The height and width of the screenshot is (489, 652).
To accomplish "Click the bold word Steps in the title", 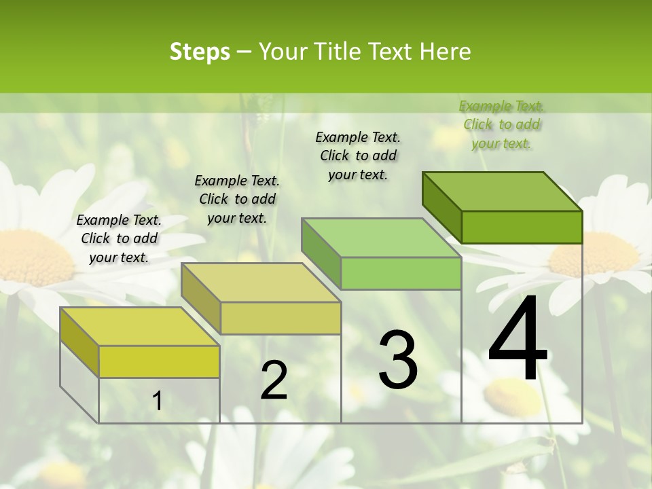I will [x=200, y=52].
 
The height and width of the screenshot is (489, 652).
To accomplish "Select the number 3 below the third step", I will [x=398, y=359].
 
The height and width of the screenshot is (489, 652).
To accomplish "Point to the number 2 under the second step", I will [x=274, y=380].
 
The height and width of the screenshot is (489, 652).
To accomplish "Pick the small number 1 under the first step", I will [x=158, y=401].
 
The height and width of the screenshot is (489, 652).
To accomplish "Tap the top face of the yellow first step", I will [x=139, y=327].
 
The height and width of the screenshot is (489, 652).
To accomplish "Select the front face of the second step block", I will [x=280, y=318].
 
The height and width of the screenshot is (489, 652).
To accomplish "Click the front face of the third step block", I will [x=401, y=274].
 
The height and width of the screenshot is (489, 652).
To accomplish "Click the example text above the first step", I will [x=119, y=238].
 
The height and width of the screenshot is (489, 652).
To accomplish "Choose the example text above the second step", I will [x=237, y=199].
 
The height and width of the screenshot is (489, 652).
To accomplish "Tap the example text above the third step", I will [x=358, y=156].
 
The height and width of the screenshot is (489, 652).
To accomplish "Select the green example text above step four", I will [x=502, y=124].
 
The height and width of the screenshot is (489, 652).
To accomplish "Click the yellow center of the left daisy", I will [x=31, y=256].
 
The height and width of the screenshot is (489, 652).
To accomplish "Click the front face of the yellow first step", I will [x=159, y=361].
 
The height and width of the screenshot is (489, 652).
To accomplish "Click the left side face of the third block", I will [x=321, y=252].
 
